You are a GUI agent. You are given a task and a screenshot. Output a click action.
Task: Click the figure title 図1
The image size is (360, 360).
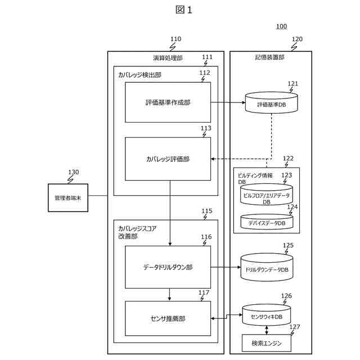184,10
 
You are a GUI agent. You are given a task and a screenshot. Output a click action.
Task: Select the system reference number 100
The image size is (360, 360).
281,26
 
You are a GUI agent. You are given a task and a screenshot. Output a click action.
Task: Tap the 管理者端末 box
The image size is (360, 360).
68,197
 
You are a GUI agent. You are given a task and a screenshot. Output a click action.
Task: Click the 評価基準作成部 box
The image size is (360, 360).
168,102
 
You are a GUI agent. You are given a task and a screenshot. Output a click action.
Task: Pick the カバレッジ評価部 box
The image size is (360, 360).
168,159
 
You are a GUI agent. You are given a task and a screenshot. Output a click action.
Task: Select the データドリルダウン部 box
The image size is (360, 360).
168,267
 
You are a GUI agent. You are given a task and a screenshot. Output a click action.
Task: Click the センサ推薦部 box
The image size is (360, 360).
168,318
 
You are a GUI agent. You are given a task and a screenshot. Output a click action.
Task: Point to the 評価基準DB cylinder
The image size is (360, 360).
271,102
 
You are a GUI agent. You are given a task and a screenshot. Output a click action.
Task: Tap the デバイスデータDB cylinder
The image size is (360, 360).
267,222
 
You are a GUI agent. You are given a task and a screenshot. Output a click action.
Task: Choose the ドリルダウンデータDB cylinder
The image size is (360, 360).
267,268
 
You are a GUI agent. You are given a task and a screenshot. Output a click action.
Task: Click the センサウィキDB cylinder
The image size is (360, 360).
267,315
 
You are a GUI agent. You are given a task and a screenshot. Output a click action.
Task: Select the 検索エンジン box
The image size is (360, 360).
267,343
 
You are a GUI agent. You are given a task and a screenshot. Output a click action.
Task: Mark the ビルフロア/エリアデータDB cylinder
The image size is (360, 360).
267,195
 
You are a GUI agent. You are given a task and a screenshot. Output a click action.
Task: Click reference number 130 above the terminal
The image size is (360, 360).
74,172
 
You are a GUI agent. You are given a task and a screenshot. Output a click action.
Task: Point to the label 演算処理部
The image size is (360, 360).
168,58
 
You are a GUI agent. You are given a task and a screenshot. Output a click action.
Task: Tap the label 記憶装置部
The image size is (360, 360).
269,57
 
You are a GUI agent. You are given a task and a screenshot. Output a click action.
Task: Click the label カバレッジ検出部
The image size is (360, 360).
140,75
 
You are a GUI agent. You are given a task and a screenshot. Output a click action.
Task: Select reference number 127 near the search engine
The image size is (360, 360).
295,327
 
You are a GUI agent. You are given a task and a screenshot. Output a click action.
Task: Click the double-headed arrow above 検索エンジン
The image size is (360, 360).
267,330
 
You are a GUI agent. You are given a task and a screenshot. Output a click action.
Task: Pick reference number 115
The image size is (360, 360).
207,211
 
